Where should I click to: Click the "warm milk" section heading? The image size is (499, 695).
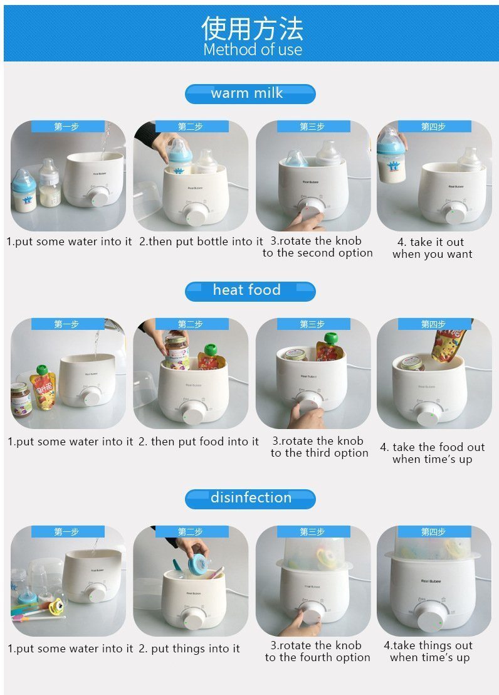click(x=246, y=93)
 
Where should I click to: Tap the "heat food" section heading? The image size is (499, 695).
click(x=246, y=290)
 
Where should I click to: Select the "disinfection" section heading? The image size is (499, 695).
click(x=251, y=497)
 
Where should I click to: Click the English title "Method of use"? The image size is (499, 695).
click(x=253, y=49)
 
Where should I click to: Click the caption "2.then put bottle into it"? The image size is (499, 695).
click(x=201, y=241)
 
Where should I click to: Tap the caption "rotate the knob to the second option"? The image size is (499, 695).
click(x=317, y=247)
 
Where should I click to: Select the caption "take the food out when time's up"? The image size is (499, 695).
click(x=433, y=453)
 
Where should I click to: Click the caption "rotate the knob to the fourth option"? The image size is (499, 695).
click(x=317, y=651)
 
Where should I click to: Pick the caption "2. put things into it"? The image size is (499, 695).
click(x=189, y=649)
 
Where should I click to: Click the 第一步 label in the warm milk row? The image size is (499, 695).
click(x=66, y=127)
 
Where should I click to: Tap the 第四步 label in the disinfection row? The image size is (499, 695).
click(x=433, y=531)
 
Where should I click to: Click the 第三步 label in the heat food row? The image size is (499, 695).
click(x=312, y=324)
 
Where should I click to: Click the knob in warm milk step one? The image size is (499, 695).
click(x=98, y=197)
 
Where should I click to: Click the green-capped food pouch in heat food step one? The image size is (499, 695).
click(x=43, y=386)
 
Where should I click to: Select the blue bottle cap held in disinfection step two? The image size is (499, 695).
click(x=199, y=565)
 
